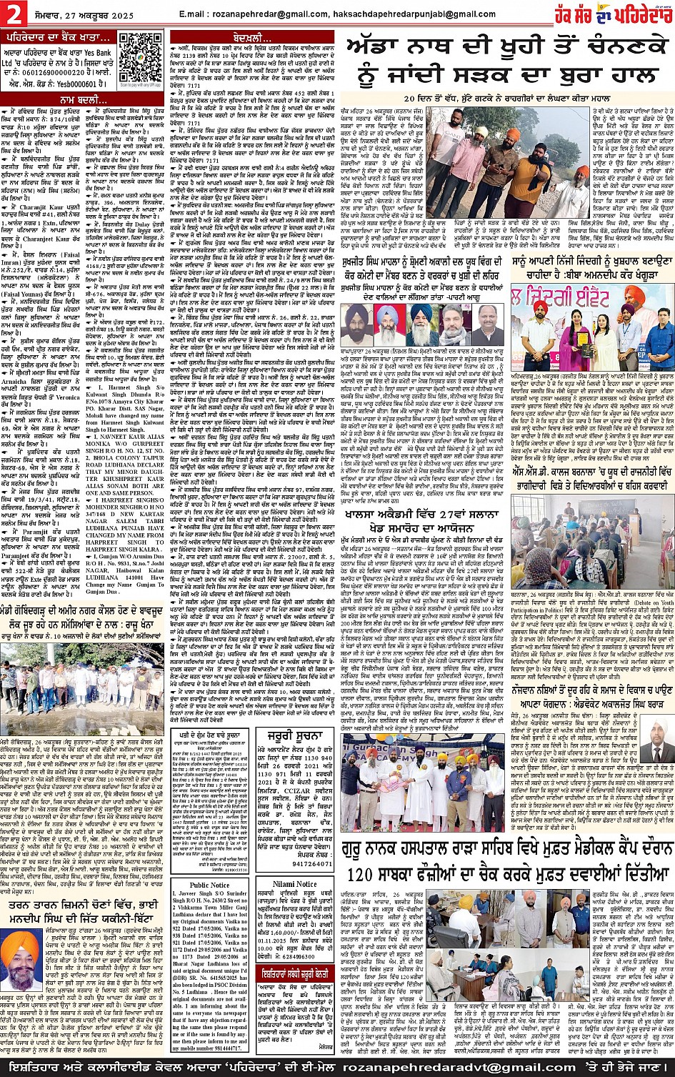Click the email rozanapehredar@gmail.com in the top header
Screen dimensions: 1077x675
point(252,14)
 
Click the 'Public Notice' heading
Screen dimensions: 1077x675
point(209,885)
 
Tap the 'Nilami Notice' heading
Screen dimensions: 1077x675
point(294,884)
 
